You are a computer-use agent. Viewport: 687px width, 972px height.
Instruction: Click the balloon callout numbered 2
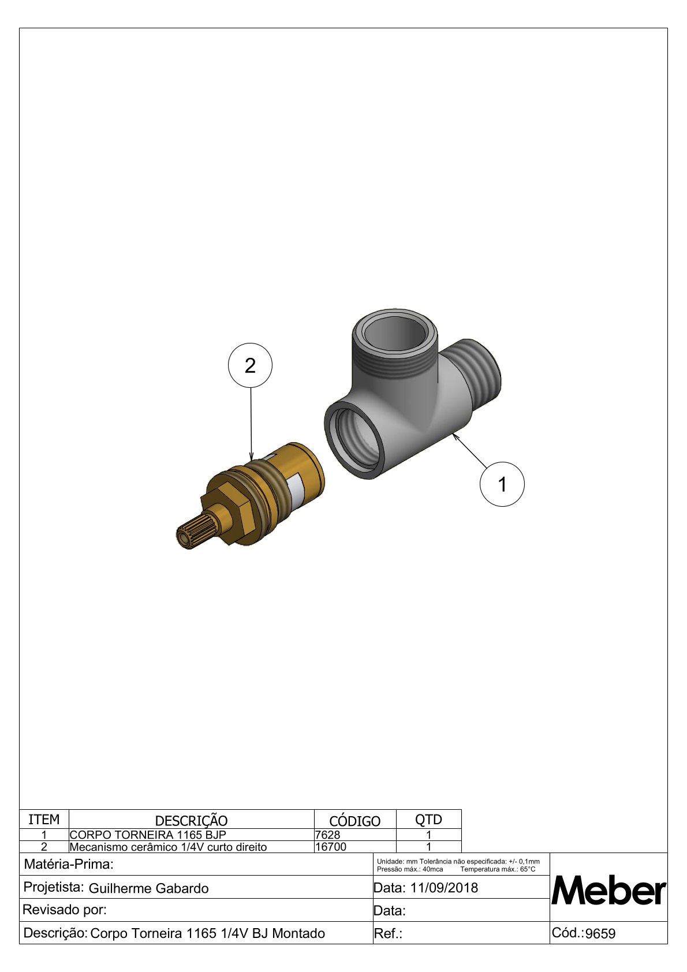(250, 365)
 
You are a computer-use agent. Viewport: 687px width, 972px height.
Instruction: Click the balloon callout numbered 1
(502, 484)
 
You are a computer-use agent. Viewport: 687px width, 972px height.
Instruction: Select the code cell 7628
(327, 835)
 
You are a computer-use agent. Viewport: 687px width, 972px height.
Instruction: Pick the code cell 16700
(331, 847)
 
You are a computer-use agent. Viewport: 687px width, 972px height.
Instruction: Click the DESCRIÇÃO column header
(191, 821)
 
